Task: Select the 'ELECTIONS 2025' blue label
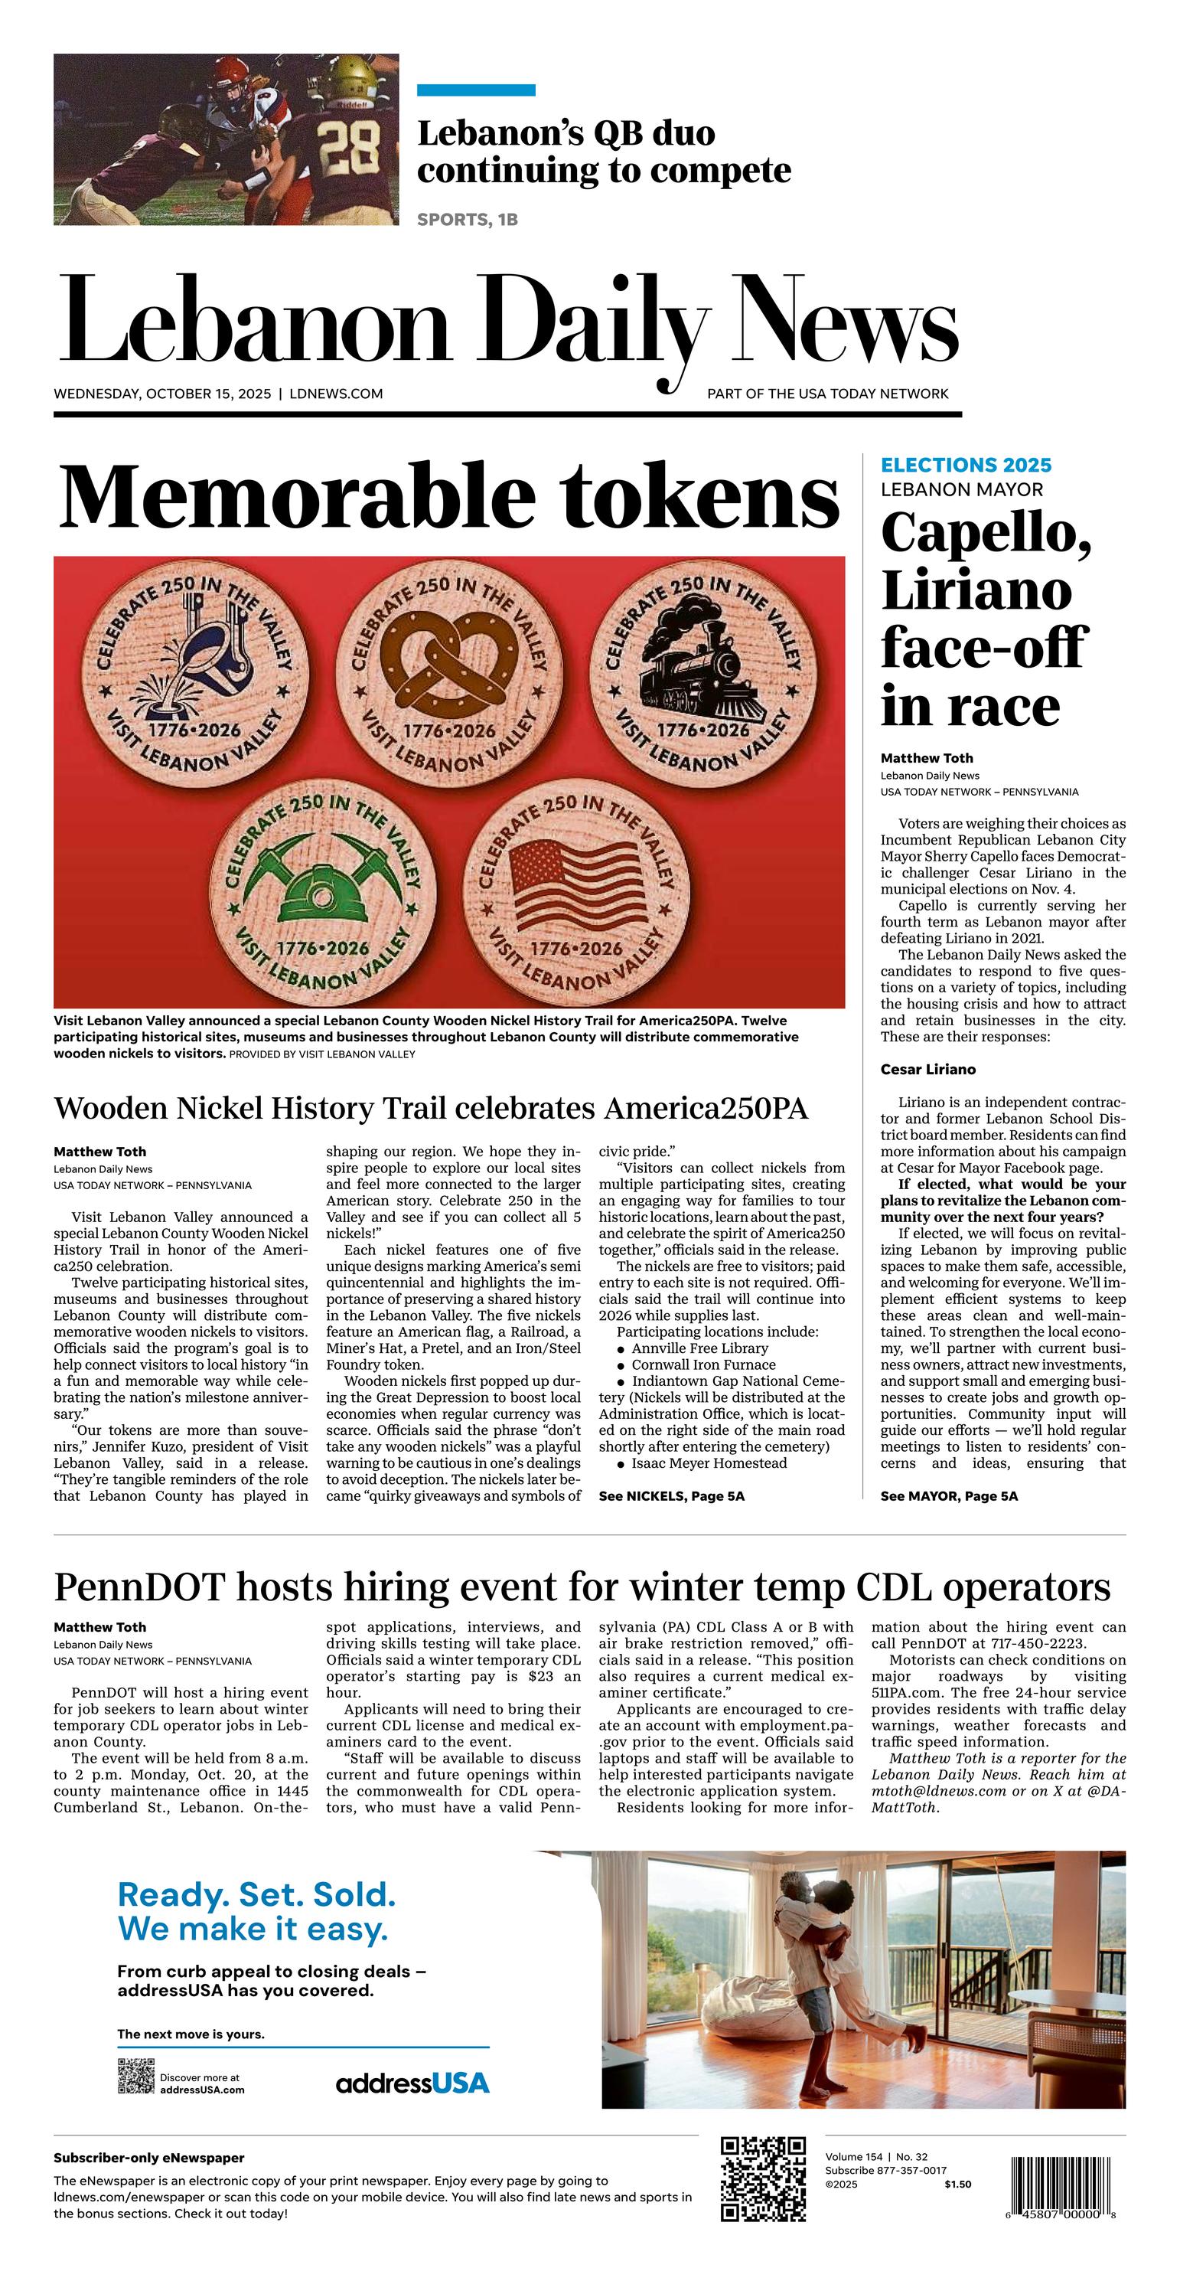click(966, 465)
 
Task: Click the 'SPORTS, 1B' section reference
click(468, 220)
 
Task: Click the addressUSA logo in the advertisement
click(412, 2083)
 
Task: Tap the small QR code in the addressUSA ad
click(136, 2077)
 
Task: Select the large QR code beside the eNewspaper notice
click(763, 2179)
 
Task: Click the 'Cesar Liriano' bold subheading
click(927, 1070)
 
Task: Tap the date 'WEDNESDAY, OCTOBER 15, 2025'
click(162, 394)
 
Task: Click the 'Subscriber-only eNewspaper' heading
click(148, 2158)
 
